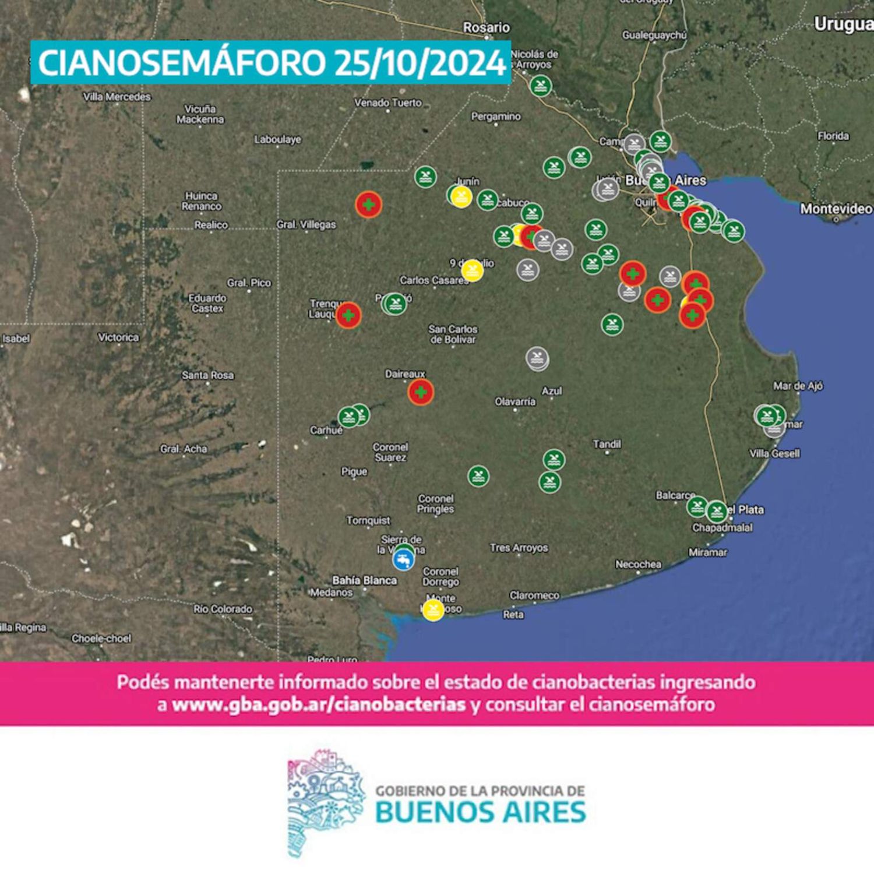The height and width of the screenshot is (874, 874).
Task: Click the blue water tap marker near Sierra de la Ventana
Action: tap(403, 560)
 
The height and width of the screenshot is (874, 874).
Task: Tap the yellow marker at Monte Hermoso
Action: tap(433, 610)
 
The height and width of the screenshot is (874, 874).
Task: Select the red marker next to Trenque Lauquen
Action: tap(348, 315)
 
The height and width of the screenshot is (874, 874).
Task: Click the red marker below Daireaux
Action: tap(421, 392)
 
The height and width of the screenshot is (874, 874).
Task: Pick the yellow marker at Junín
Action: tap(461, 196)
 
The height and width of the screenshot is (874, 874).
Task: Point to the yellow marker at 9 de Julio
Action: tap(472, 270)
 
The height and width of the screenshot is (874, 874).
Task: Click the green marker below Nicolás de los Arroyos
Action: tap(541, 87)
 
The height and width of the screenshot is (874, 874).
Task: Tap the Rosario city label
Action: tap(486, 27)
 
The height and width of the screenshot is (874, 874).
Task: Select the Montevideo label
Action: tap(836, 209)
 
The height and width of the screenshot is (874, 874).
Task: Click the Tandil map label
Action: tap(607, 444)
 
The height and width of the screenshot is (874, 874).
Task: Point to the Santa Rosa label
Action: tap(207, 375)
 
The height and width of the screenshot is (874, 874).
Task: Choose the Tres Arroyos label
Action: tap(519, 548)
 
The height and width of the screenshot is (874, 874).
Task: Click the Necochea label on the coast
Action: tap(638, 564)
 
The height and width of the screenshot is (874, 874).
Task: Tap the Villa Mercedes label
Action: tap(117, 97)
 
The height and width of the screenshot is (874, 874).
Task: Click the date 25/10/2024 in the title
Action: tap(420, 63)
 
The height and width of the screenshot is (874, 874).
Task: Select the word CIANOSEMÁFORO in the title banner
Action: tap(181, 63)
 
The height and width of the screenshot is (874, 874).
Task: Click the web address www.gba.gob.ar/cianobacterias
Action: tap(319, 705)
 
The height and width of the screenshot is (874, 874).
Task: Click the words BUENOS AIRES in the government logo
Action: tap(481, 812)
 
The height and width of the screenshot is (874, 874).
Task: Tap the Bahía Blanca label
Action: tap(364, 580)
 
